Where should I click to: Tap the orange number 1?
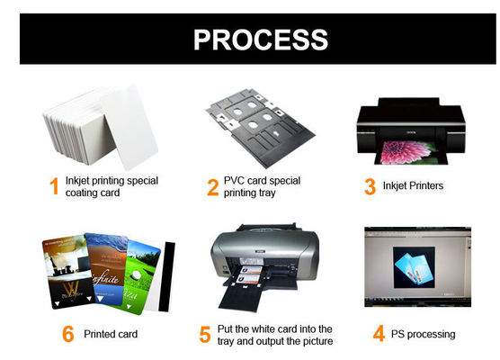[x=53, y=187]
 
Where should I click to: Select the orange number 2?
[x=213, y=187]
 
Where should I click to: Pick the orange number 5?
[x=205, y=335]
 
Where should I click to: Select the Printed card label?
[x=112, y=335]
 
